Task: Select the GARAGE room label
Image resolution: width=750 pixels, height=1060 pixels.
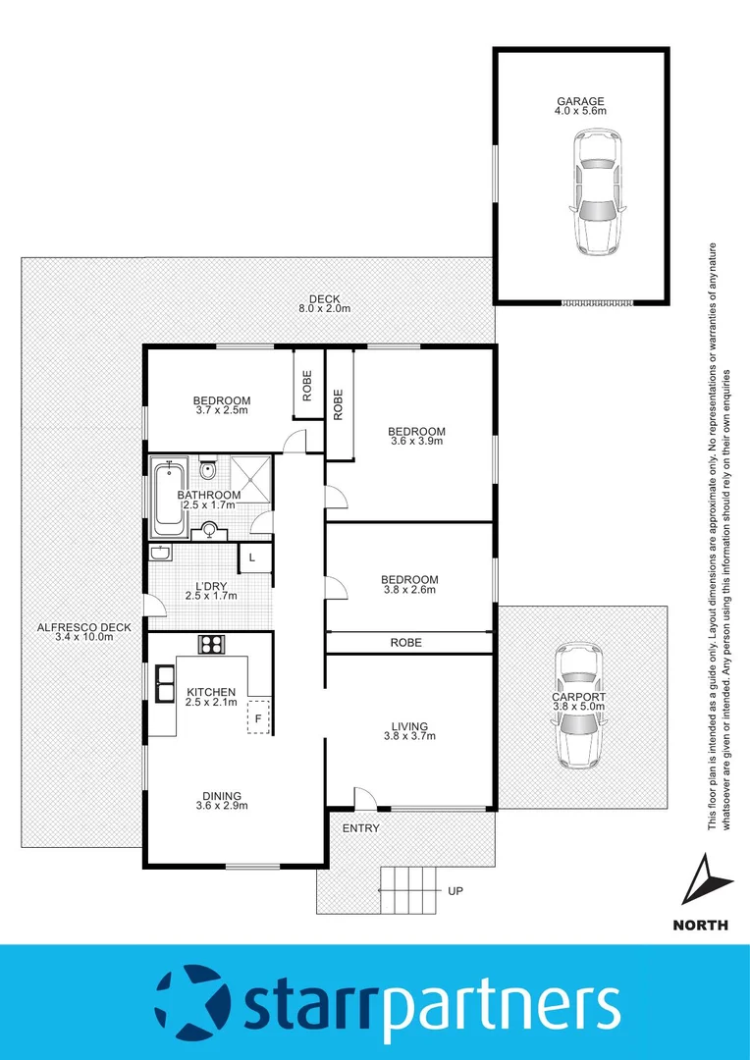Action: click(580, 101)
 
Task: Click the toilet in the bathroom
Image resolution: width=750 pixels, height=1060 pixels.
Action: click(207, 470)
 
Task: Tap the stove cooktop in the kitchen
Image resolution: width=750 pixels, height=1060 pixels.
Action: click(212, 645)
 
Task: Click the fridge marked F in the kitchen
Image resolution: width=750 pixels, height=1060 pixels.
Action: click(257, 716)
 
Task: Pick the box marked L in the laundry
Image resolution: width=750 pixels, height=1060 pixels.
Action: click(252, 557)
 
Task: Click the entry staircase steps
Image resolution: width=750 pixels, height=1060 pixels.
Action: click(409, 891)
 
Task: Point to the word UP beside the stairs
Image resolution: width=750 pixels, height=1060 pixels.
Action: click(455, 892)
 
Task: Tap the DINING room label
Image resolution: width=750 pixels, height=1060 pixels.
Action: click(221, 796)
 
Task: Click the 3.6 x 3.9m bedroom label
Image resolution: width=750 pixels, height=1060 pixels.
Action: click(416, 431)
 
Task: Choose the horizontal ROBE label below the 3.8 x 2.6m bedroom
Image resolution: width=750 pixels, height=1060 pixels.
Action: click(405, 643)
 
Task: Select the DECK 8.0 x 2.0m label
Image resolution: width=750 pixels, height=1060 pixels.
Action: click(323, 299)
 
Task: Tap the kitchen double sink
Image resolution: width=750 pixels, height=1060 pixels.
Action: click(162, 685)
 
